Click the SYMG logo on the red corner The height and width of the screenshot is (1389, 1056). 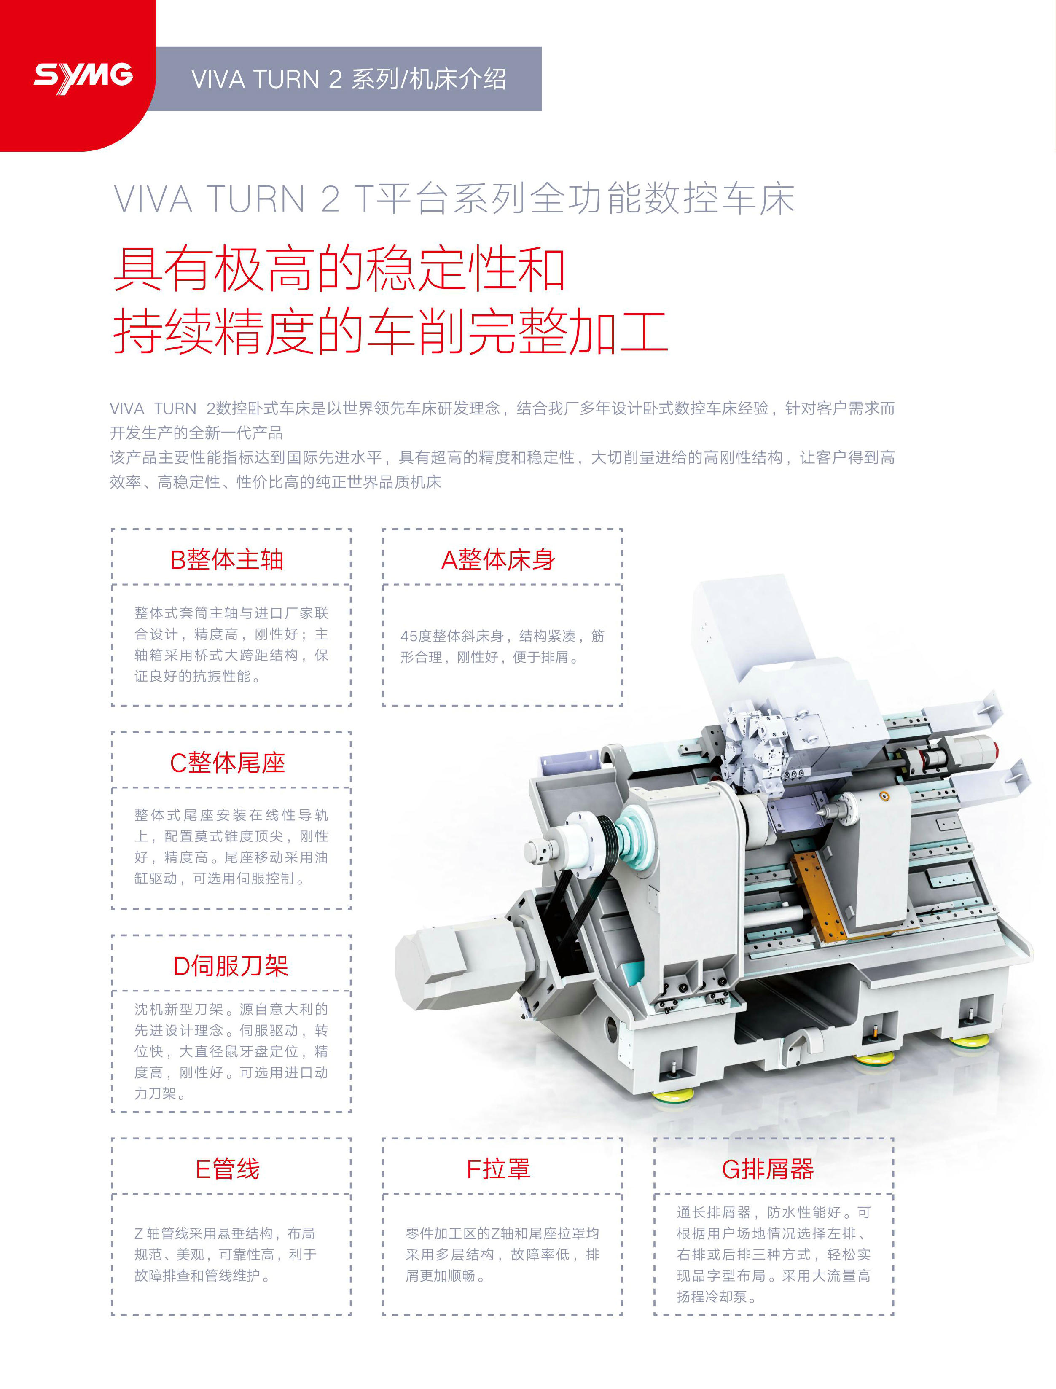pos(83,77)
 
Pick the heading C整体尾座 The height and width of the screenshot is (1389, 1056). pos(228,763)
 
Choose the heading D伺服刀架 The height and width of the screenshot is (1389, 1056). pos(231,966)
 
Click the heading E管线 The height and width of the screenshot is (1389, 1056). pos(228,1169)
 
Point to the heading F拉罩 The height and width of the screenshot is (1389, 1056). pos(498,1169)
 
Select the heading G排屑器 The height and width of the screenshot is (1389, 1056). pos(768,1169)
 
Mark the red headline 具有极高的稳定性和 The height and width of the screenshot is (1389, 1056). pos(339,269)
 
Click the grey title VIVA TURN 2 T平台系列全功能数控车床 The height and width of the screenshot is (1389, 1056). pos(454,199)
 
